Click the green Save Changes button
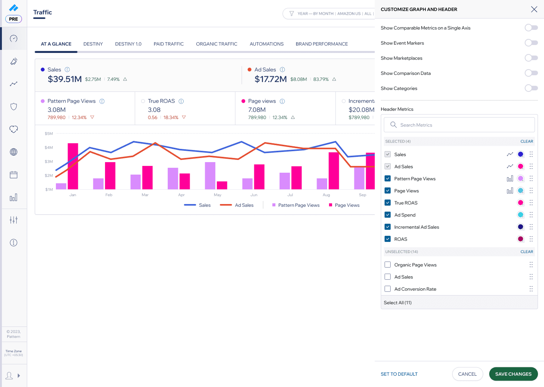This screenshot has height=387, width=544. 513,374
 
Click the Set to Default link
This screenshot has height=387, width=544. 399,374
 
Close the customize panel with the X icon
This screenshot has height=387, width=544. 534,9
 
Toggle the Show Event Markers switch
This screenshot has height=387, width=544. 531,43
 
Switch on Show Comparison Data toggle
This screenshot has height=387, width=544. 531,73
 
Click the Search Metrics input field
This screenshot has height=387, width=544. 459,125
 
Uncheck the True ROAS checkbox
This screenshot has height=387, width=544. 388,203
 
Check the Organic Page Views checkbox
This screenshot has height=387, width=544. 388,265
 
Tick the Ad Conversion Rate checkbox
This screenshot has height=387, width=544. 388,289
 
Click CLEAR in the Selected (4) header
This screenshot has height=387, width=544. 527,141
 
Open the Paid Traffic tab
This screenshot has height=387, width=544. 168,44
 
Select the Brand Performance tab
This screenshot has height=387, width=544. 321,44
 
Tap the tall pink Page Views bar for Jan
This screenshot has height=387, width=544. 73,166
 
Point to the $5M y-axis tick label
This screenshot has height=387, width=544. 49,133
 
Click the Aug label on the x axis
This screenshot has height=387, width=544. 326,195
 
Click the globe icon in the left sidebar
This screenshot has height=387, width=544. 14,152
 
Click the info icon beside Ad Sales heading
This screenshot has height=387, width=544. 282,70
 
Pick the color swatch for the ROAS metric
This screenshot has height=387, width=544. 521,239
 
